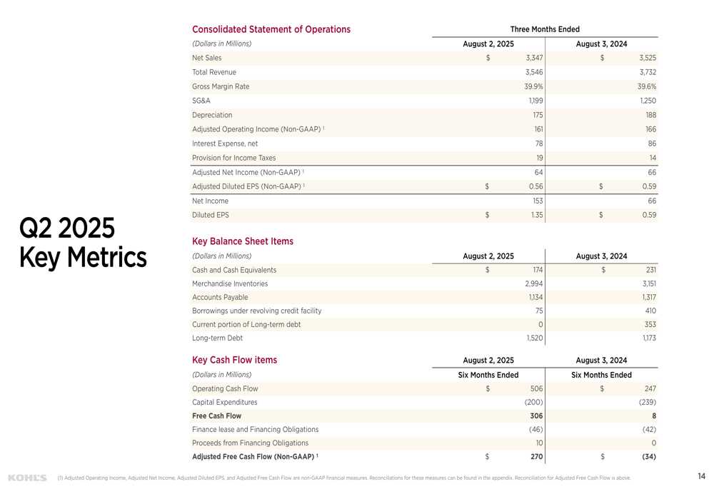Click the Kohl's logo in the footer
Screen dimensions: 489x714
(27, 477)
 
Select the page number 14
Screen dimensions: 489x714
(701, 476)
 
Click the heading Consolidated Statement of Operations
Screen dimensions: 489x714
(271, 29)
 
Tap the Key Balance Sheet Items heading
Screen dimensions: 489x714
(242, 241)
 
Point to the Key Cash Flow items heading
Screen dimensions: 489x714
(234, 360)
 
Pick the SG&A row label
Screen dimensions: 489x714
(201, 101)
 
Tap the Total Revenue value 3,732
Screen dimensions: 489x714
(647, 72)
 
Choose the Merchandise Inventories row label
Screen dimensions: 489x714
(230, 283)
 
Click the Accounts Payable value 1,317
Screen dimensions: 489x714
(648, 297)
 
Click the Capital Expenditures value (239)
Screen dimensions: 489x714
(647, 402)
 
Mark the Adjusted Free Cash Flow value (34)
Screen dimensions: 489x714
(649, 456)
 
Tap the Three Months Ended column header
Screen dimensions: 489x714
(545, 29)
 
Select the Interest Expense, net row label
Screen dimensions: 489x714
(224, 143)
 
